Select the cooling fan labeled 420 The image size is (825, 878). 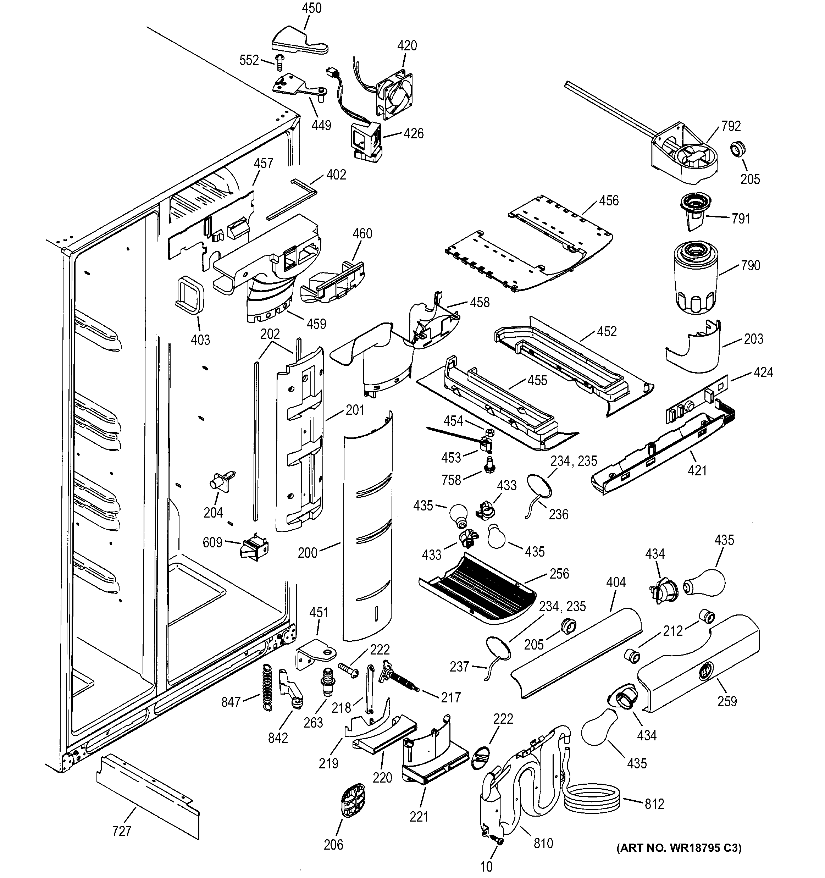(x=394, y=96)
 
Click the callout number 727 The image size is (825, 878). (x=121, y=831)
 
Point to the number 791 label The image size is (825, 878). (x=741, y=219)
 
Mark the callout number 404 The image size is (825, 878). (x=616, y=582)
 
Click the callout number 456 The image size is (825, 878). (x=609, y=200)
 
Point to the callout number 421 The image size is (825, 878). (x=697, y=471)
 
